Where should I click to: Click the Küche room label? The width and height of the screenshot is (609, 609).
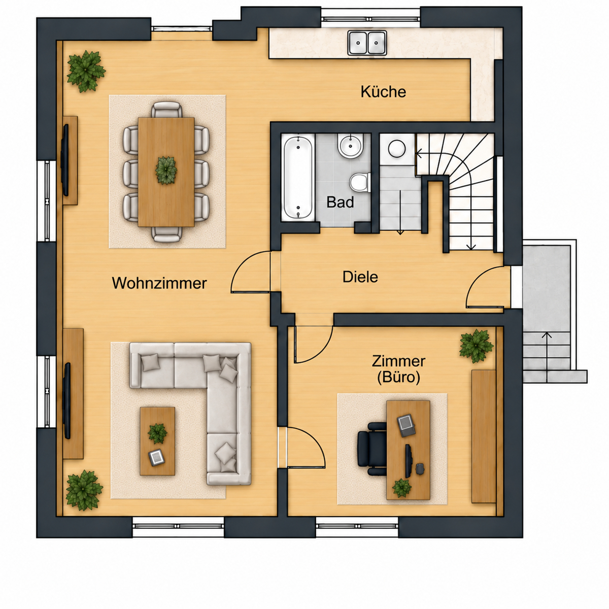383,92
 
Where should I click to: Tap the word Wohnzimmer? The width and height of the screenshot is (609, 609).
159,283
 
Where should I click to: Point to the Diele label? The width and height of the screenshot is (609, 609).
360,277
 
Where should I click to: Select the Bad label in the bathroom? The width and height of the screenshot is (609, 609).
340,202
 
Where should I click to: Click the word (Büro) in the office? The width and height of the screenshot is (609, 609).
398,378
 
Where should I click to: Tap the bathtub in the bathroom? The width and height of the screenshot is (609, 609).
298,177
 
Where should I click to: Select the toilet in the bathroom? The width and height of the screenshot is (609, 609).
360,182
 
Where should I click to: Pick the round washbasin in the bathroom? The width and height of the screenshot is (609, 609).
350,145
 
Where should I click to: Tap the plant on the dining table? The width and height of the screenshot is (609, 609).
166,171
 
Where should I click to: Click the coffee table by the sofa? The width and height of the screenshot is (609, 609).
157,441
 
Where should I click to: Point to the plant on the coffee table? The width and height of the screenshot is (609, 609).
157,433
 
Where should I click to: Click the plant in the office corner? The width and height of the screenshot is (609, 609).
476,346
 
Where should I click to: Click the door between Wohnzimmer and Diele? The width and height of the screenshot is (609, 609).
250,273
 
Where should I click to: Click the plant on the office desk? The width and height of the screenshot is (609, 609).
401,488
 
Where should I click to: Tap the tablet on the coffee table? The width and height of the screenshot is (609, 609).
156,457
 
